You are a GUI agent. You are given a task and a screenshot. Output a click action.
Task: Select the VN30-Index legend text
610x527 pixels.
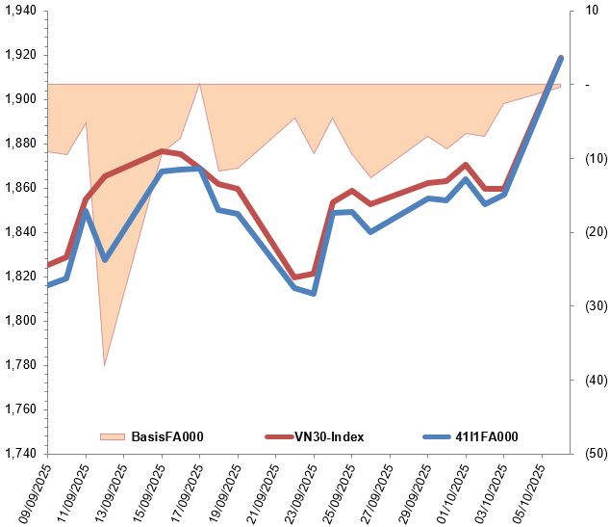328,437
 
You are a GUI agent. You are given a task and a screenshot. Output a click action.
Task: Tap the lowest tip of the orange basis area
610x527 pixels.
104,365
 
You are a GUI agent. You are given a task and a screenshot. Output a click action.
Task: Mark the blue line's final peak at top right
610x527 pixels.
561,58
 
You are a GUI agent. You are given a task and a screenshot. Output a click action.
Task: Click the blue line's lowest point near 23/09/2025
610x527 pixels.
314,293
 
